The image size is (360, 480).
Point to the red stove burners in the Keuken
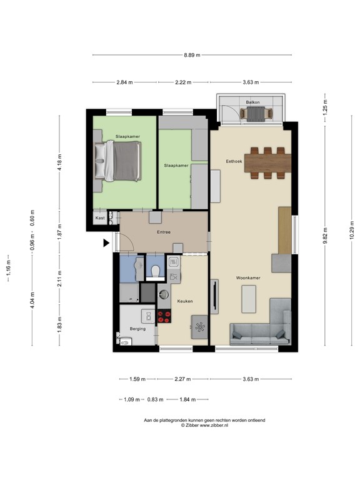[x=164, y=316]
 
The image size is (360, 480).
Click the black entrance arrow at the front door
[x=106, y=242]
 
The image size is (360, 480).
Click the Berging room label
[x=137, y=329]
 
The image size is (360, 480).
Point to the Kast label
[x=99, y=218]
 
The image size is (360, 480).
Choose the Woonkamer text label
[x=248, y=277]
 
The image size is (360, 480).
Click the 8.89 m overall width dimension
[x=192, y=55]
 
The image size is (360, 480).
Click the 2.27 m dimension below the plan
[x=183, y=379]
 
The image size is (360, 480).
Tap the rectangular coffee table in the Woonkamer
[x=249, y=298]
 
